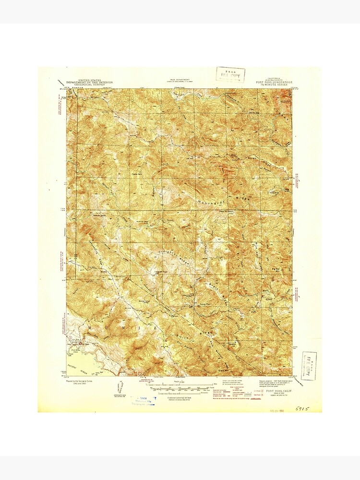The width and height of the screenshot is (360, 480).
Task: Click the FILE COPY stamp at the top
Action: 230,75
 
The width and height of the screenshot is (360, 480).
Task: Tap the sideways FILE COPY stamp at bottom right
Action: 309,366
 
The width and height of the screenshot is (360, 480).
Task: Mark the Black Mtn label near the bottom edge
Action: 222,370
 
